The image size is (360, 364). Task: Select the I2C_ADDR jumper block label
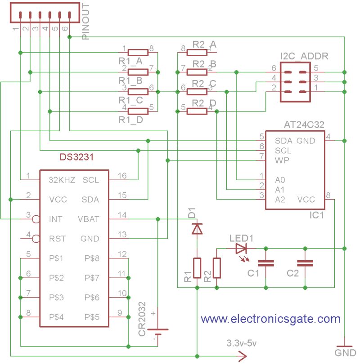click(x=304, y=56)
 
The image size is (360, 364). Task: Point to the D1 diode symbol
click(x=197, y=229)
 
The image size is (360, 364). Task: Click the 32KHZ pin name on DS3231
click(x=62, y=180)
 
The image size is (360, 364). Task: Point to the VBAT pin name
click(x=89, y=219)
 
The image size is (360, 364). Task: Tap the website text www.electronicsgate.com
click(x=270, y=319)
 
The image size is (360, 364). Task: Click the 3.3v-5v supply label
click(x=242, y=343)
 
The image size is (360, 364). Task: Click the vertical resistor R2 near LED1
click(x=217, y=268)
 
